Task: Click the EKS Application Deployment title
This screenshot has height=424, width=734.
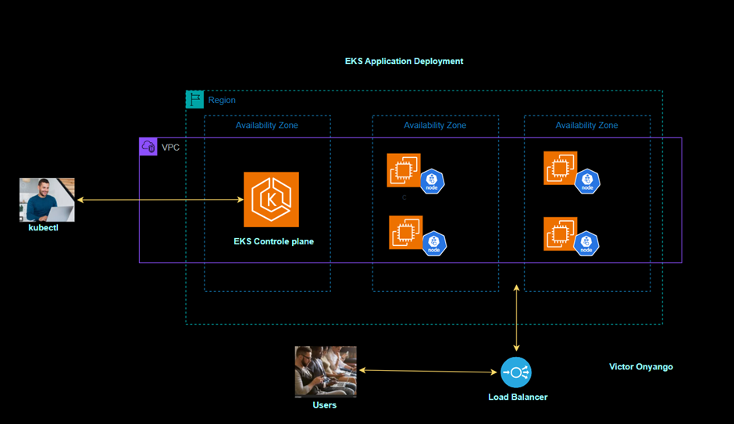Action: [x=404, y=61]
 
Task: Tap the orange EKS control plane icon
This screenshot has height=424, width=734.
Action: [x=271, y=200]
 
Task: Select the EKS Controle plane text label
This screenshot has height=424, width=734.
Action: [x=273, y=241]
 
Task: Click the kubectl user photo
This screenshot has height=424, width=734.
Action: [x=47, y=200]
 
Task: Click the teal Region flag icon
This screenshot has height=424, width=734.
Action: [x=194, y=100]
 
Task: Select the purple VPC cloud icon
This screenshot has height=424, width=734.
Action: [x=148, y=146]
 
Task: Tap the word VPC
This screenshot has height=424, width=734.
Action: [x=170, y=147]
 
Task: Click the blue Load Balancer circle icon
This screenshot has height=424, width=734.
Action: [x=515, y=372]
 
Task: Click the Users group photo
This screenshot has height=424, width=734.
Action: [x=325, y=372]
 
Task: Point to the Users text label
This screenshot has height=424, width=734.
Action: [x=324, y=404]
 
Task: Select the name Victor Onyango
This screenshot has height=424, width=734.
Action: [x=640, y=367]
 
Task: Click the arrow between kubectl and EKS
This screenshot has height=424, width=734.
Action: [x=160, y=200]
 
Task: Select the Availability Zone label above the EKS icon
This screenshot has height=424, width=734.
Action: [x=267, y=125]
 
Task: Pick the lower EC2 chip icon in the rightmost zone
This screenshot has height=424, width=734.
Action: [x=560, y=233]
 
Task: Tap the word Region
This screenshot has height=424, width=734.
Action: [x=222, y=100]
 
